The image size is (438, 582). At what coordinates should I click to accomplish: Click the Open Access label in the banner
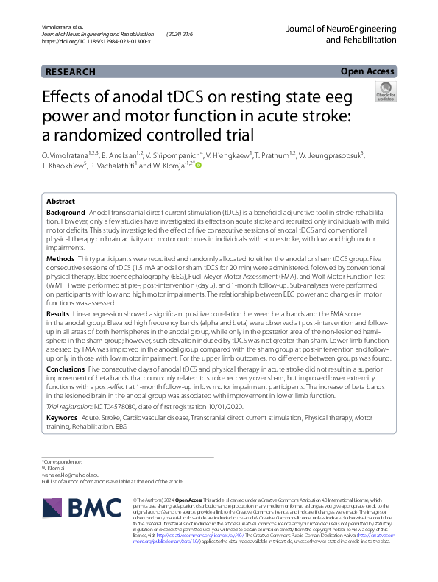click(367, 71)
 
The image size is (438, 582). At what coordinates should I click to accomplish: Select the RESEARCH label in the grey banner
click(70, 72)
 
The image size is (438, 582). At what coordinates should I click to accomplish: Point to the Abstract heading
click(60, 201)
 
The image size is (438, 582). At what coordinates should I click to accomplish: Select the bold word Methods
click(60, 260)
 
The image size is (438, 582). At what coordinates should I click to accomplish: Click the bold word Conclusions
click(66, 370)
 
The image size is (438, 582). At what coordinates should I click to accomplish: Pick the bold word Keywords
click(63, 418)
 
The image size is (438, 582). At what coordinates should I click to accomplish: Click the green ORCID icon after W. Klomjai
click(198, 166)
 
